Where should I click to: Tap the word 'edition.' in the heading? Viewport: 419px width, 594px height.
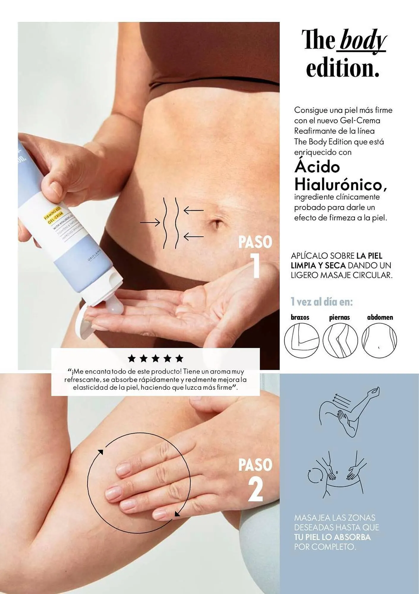pyautogui.click(x=343, y=68)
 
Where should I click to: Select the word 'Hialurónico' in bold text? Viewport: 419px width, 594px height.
pyautogui.click(x=340, y=185)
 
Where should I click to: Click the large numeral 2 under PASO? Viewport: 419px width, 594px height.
pyautogui.click(x=256, y=489)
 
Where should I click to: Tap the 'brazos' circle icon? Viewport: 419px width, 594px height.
pyautogui.click(x=302, y=340)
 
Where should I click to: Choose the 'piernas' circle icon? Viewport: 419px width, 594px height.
pyautogui.click(x=340, y=340)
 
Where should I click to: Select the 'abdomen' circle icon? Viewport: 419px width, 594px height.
pyautogui.click(x=379, y=340)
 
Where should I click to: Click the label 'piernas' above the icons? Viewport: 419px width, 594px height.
pyautogui.click(x=339, y=317)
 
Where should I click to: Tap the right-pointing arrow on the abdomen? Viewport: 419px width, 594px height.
pyautogui.click(x=150, y=222)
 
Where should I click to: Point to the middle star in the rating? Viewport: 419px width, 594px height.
pyautogui.click(x=155, y=358)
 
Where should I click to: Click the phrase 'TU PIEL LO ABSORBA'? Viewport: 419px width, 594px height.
pyautogui.click(x=333, y=537)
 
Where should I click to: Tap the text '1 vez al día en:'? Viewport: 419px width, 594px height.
pyautogui.click(x=322, y=302)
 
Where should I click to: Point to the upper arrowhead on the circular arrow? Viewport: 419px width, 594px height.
pyautogui.click(x=100, y=452)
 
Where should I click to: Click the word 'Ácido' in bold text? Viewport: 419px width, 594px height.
pyautogui.click(x=317, y=167)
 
